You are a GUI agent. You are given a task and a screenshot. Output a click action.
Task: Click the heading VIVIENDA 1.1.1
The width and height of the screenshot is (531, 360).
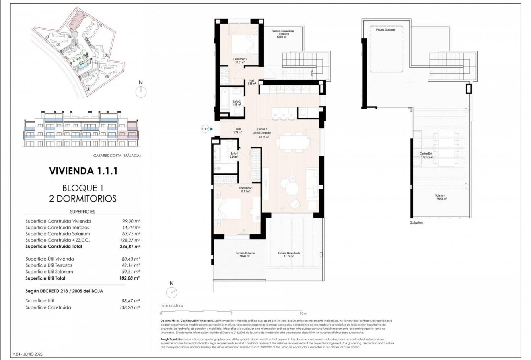pos(83,171)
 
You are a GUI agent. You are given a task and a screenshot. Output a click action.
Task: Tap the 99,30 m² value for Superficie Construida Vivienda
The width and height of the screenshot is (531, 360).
pos(131,221)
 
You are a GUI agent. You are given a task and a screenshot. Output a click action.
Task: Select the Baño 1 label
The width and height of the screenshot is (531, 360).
pos(234,155)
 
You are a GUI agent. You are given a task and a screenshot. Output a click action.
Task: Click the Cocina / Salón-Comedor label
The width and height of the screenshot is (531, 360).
pos(264,133)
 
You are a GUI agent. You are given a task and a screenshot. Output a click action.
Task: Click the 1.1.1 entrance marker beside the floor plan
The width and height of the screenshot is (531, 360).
pos(205,129)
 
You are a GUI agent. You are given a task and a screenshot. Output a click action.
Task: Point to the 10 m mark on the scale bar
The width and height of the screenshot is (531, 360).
pos(304,313)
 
